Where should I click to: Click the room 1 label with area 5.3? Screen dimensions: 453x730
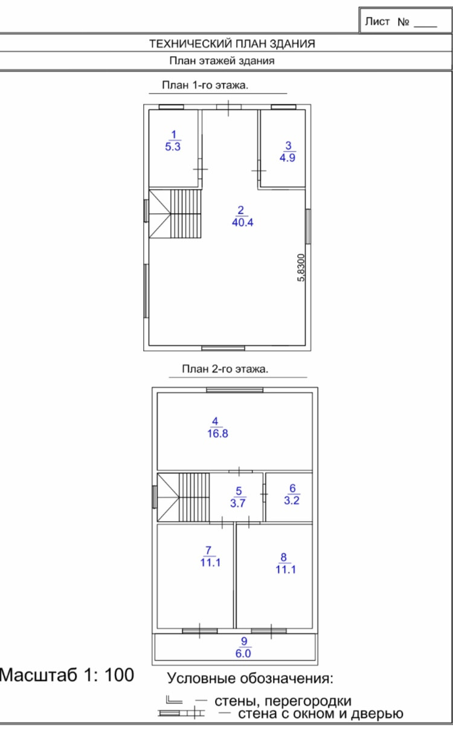tap(173, 141)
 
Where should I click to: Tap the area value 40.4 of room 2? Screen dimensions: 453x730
tap(242, 222)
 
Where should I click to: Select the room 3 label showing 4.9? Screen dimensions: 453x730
tap(288, 152)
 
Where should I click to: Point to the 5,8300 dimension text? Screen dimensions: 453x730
tap(301, 267)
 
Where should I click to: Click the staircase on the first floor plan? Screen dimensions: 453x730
tap(175, 214)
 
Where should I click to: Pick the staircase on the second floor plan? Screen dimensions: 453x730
tap(184, 498)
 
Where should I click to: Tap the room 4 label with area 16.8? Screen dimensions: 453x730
tap(217, 427)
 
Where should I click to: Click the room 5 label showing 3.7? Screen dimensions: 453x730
tap(238, 497)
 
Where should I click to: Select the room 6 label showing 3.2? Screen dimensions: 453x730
tap(292, 495)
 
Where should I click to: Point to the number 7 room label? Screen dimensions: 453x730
tap(208, 551)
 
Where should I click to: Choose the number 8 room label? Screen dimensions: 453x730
tap(283, 557)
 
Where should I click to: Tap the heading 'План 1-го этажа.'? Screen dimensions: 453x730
tap(205, 85)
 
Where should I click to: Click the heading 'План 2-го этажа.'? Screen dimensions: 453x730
tap(225, 369)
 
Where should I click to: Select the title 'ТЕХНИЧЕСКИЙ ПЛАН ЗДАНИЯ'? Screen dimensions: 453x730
tap(232, 43)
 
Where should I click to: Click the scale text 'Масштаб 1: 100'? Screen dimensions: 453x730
tap(67, 674)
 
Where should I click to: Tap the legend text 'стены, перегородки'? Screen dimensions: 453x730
tap(283, 701)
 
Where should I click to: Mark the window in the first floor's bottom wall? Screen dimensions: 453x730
tap(223, 348)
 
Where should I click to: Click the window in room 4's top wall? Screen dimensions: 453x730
tap(234, 390)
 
